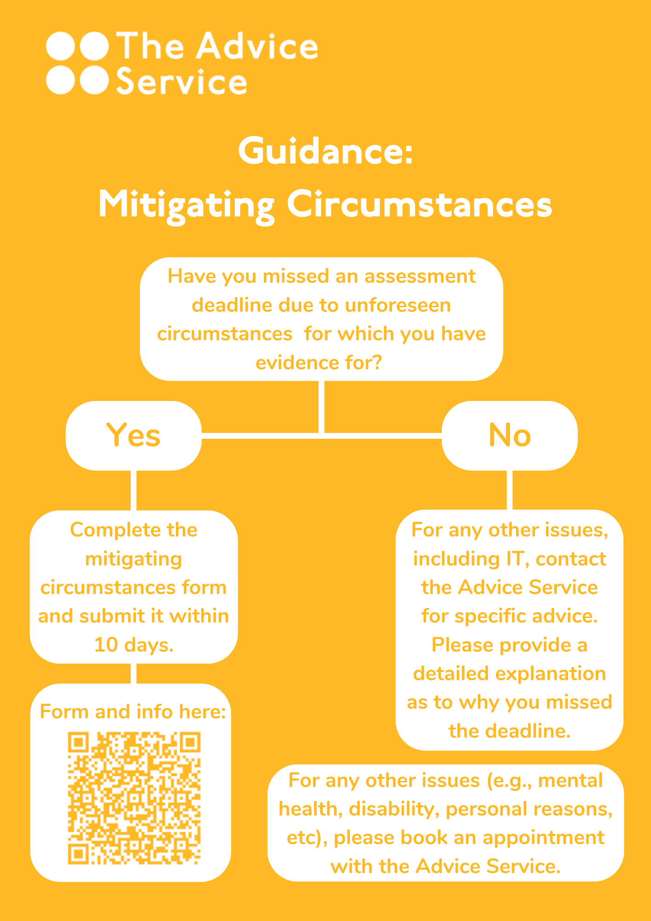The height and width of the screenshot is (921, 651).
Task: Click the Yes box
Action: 134,435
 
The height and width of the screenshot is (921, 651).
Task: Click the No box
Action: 510,435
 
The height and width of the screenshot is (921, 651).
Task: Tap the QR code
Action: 134,798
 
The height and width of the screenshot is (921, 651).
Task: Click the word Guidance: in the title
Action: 325,151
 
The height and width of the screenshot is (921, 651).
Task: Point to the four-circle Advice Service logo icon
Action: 77,63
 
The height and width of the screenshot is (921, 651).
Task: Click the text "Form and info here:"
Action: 133,711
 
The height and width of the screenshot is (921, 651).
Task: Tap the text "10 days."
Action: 134,645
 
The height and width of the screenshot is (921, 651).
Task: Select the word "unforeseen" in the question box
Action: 398,305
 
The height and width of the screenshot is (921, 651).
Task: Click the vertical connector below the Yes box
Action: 134,490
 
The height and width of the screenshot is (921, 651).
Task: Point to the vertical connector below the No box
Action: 510,490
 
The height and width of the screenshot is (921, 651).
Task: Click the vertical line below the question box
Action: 321,407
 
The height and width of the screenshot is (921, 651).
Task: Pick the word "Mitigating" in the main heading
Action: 186,205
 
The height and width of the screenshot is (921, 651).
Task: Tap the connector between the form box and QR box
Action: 134,674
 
